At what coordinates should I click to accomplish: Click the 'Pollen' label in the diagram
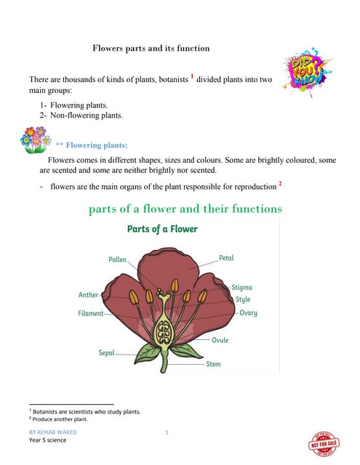click(x=118, y=259)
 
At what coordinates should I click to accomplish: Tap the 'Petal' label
click(x=226, y=258)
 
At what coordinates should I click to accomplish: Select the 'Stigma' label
click(x=242, y=288)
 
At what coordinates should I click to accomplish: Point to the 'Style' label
click(x=242, y=299)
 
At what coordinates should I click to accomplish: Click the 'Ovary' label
click(x=248, y=313)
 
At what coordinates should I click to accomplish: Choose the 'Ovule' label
click(x=220, y=340)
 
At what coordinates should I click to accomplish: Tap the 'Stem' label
click(x=214, y=363)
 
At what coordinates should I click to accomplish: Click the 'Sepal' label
click(x=107, y=352)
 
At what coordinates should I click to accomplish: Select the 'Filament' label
click(x=91, y=313)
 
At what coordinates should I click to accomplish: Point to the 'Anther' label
click(x=88, y=295)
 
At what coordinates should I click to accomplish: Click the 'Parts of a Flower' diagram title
click(x=162, y=229)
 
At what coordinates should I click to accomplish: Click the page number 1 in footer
click(x=167, y=432)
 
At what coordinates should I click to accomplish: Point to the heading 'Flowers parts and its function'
click(x=151, y=48)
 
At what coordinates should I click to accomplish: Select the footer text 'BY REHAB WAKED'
click(x=52, y=432)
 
